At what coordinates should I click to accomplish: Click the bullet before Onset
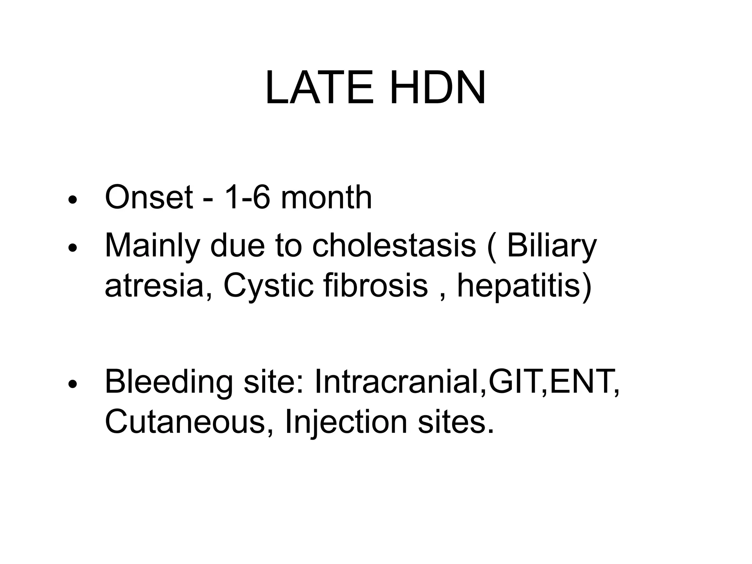(73, 200)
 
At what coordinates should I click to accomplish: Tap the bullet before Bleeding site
(73, 384)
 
